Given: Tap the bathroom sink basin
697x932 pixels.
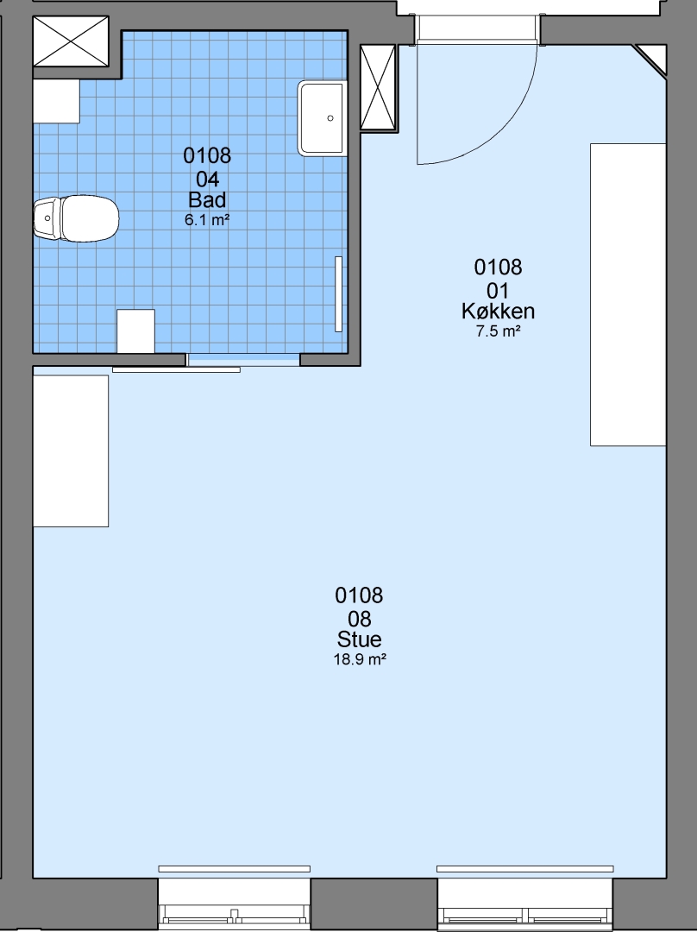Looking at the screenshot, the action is (322, 118).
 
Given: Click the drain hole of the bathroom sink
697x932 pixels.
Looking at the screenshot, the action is (330, 118).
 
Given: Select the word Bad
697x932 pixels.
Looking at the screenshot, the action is (207, 199).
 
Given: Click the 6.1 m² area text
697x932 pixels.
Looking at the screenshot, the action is (207, 220).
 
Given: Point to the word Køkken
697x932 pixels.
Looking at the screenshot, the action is (498, 311).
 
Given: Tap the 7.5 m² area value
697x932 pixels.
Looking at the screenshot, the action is (498, 331).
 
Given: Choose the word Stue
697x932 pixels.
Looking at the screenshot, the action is (359, 639).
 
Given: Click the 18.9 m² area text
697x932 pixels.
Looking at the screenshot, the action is (360, 659).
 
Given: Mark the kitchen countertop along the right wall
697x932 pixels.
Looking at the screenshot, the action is (627, 294).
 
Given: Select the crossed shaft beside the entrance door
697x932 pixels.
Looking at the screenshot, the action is (378, 87).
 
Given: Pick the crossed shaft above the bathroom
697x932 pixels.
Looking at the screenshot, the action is (71, 41).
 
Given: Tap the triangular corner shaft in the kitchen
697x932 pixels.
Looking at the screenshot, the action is (654, 57).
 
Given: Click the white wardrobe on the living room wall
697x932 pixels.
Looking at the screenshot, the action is (71, 451).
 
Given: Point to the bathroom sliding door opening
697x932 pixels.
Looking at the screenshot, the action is (243, 360).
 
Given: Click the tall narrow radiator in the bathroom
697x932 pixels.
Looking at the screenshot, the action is (339, 294).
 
